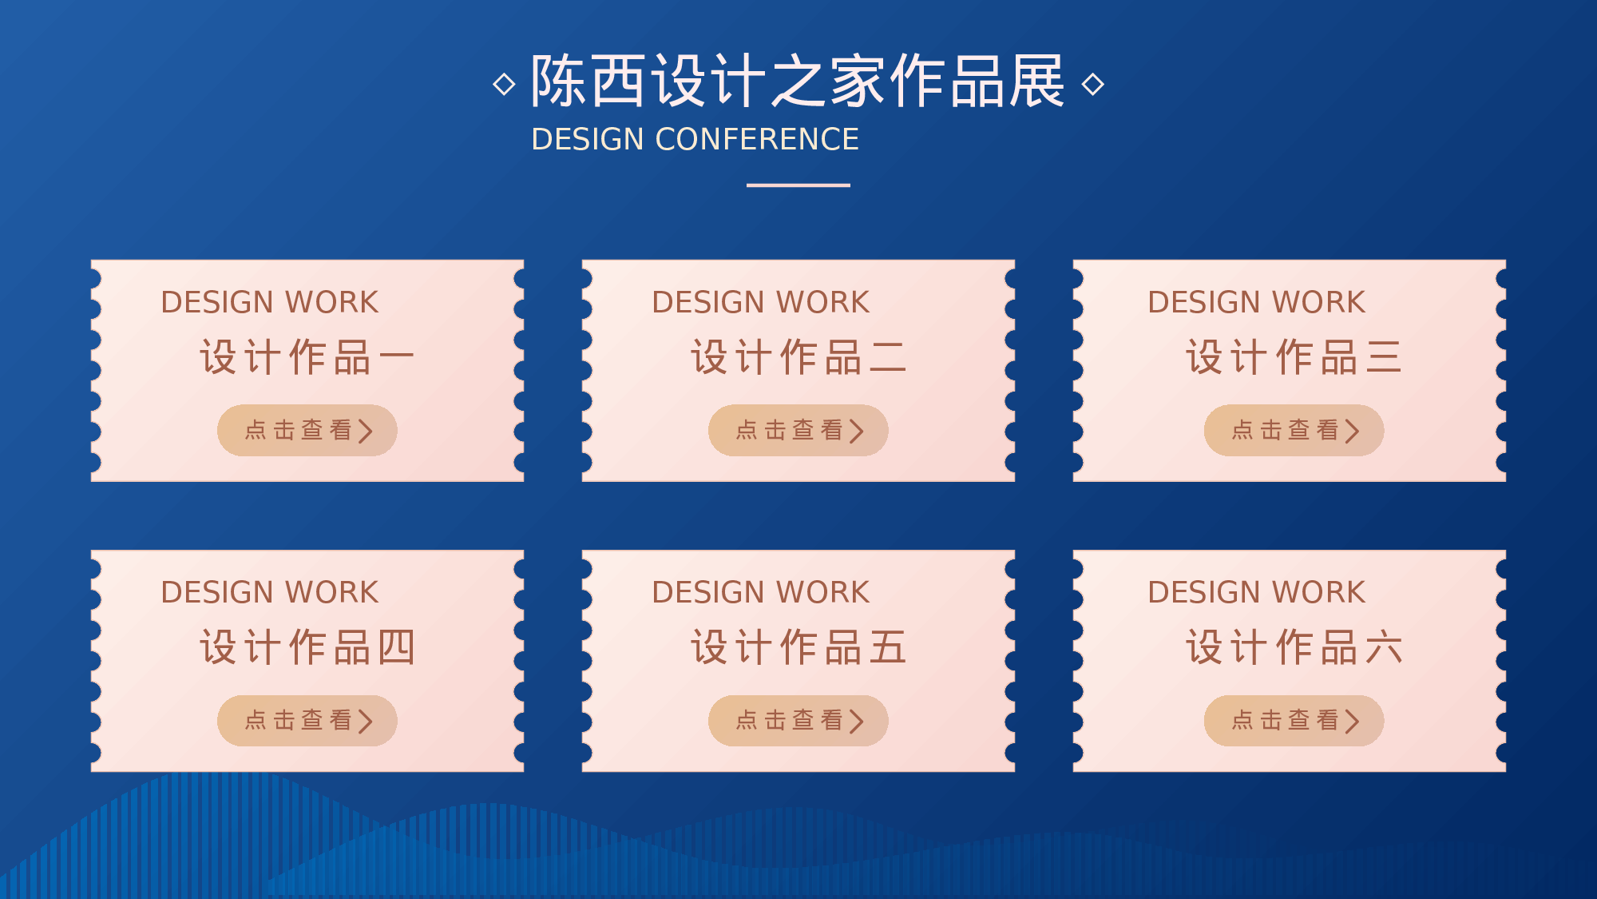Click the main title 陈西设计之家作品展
pos(798,81)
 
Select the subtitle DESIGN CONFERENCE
pos(695,139)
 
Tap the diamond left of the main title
pos(504,84)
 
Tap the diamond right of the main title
pos(1093,84)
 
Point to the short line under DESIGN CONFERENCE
pos(798,185)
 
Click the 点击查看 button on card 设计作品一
pos(307,430)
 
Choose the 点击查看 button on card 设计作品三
pos(1294,430)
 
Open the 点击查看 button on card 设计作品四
pos(307,720)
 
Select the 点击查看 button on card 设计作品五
pos(798,720)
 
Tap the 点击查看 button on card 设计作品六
pos(1294,720)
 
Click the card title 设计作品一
pos(307,356)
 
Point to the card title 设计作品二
pos(798,356)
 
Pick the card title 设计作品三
pos(1294,356)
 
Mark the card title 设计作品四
pos(307,646)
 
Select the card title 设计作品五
pos(798,646)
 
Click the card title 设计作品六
pos(1294,646)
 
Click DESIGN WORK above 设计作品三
pos(1256,302)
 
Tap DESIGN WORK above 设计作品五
pos(760,592)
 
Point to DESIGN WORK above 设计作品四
pos(269,592)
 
